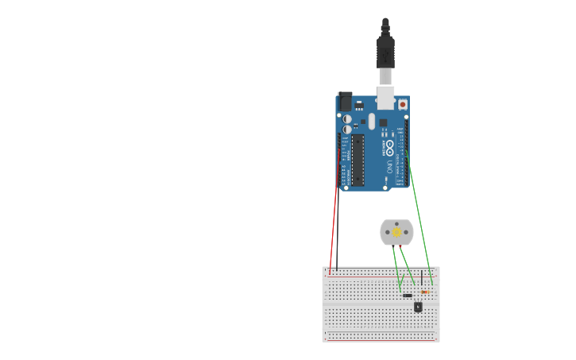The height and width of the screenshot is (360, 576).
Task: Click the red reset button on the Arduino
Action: [403, 104]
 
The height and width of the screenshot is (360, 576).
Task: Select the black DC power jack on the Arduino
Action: [345, 101]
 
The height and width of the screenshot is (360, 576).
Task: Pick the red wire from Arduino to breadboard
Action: [334, 230]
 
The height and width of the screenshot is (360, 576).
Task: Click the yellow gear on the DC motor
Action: [396, 231]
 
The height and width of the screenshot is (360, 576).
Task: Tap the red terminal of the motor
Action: [400, 246]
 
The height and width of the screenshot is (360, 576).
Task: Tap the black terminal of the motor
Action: [392, 246]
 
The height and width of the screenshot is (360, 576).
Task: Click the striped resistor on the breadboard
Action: [426, 292]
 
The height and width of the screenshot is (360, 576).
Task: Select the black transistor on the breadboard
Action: [418, 306]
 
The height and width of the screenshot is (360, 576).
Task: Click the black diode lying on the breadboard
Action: [408, 296]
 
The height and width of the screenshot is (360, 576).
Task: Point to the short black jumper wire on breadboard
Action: [421, 279]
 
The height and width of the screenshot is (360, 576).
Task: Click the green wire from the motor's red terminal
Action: [408, 265]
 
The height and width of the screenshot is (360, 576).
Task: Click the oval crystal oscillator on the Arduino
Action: [370, 122]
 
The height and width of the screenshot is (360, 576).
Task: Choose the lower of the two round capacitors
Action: [347, 129]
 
